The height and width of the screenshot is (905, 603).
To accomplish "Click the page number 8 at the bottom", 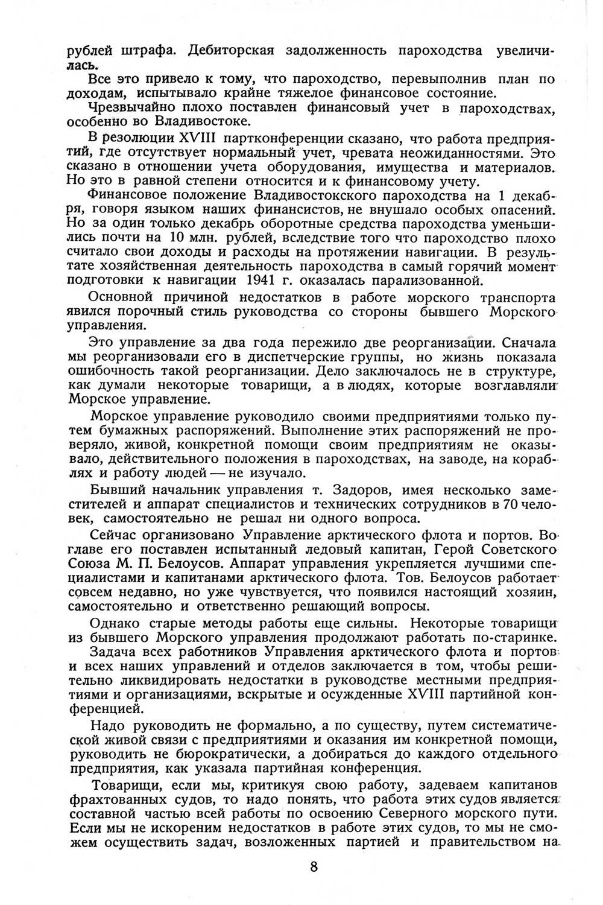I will point(313,866).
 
